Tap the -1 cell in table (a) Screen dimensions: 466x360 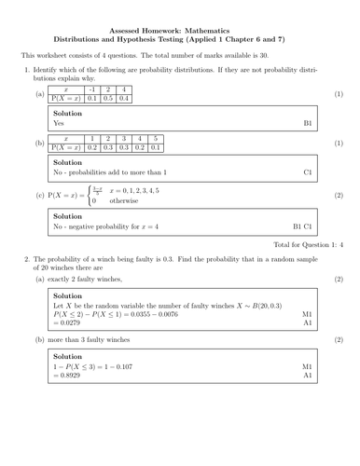(x=92, y=89)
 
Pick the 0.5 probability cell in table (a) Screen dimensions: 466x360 (x=108, y=98)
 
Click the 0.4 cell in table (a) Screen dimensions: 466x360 (x=125, y=98)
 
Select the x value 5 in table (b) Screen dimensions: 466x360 (x=155, y=138)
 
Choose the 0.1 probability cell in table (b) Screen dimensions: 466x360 (x=155, y=146)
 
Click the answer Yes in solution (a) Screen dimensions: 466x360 (x=60, y=122)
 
